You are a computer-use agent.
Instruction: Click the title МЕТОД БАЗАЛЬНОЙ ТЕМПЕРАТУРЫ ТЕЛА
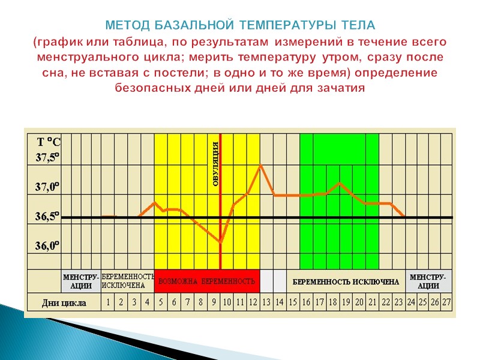coord(240,26)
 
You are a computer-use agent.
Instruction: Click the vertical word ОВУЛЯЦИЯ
coord(216,164)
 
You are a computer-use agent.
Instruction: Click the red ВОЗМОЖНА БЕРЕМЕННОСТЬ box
coord(207,281)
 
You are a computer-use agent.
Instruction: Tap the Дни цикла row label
coord(64,302)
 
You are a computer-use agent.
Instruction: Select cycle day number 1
coord(108,302)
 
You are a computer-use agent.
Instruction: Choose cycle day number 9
coord(214,302)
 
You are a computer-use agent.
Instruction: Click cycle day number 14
coord(279,302)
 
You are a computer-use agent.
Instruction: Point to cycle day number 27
coord(446,302)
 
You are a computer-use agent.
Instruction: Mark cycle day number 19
coord(346,302)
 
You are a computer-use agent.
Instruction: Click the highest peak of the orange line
coord(260,165)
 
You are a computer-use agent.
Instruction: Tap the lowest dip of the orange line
coord(220,241)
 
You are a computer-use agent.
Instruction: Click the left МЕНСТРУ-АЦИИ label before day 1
coord(81,281)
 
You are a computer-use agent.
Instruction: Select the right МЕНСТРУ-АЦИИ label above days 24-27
coord(427,281)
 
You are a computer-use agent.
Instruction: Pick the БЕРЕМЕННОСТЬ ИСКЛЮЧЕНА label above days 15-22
coord(346,281)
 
